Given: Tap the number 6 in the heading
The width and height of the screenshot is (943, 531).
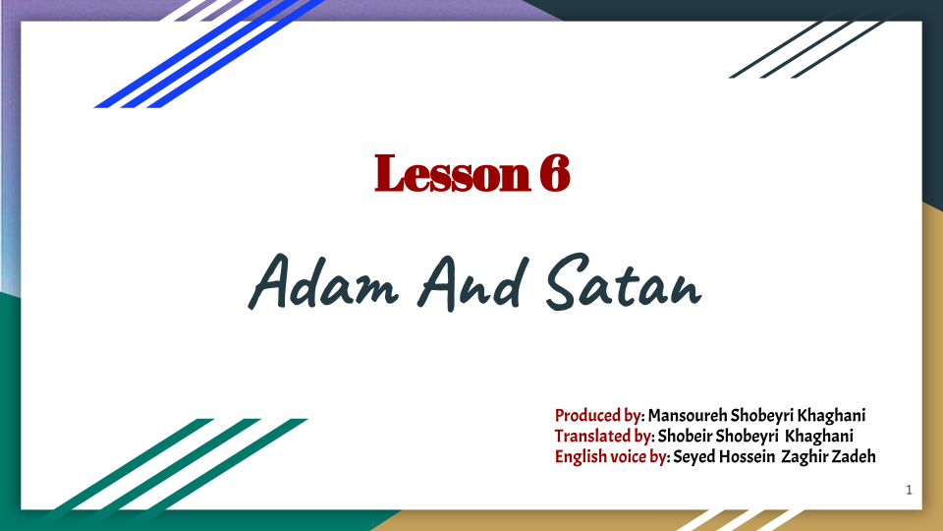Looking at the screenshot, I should click(553, 174).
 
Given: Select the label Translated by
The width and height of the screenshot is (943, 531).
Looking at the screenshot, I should click(603, 436).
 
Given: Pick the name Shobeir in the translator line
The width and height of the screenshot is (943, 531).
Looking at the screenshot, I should click(685, 436).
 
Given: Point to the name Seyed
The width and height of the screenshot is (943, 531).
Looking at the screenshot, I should click(694, 456).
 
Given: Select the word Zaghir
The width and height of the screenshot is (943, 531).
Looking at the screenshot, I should click(805, 456).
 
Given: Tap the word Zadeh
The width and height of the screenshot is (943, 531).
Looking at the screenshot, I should click(855, 456).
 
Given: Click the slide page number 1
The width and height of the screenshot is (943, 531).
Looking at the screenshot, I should click(910, 489).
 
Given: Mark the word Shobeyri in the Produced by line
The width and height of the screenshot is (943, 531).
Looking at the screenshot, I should click(766, 415).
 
